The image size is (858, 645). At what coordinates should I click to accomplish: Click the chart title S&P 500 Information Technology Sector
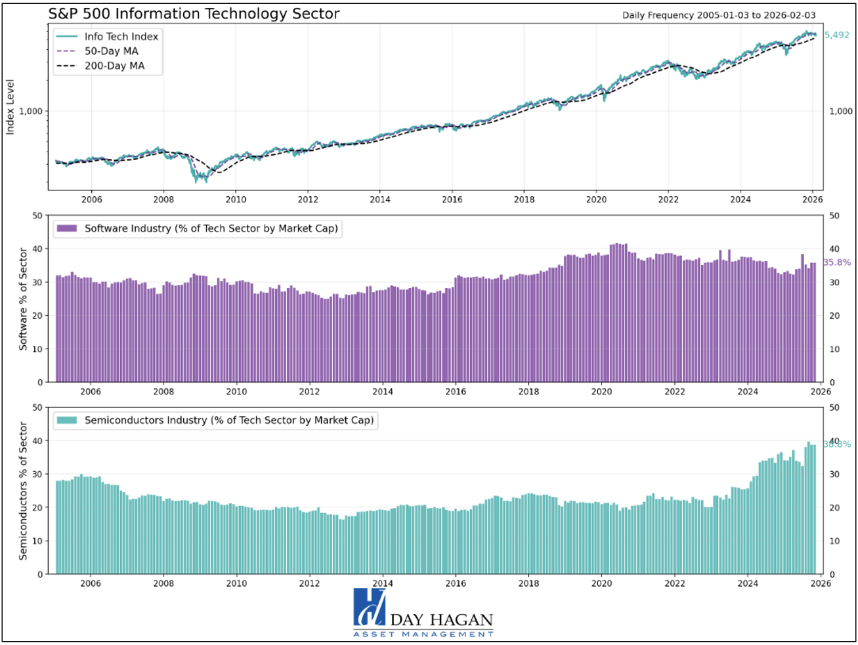[x=194, y=13]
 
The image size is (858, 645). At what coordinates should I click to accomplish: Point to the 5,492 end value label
[x=836, y=35]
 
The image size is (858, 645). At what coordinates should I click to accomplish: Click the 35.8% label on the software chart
[x=837, y=262]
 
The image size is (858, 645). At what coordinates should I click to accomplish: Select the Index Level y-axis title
[x=11, y=108]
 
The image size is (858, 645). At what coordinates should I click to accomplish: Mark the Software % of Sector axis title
[x=24, y=299]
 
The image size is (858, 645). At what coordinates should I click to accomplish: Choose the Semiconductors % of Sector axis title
[x=24, y=491]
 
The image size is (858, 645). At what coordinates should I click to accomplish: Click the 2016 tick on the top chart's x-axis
[x=452, y=199]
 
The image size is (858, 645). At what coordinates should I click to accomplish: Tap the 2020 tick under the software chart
[x=601, y=392]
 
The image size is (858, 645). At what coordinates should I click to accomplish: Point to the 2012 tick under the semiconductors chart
[x=309, y=583]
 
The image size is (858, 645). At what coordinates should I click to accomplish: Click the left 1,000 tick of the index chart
[x=31, y=112]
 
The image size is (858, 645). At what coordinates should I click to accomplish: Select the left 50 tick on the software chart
[x=37, y=216]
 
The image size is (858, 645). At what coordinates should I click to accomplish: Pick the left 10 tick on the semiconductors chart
[x=37, y=541]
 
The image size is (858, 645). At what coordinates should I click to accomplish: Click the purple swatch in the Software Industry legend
[x=67, y=228]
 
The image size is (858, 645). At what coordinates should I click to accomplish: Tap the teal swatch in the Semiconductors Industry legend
[x=67, y=420]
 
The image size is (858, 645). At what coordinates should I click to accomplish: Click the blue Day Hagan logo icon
[x=369, y=608]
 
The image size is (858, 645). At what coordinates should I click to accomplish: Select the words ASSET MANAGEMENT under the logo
[x=423, y=635]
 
